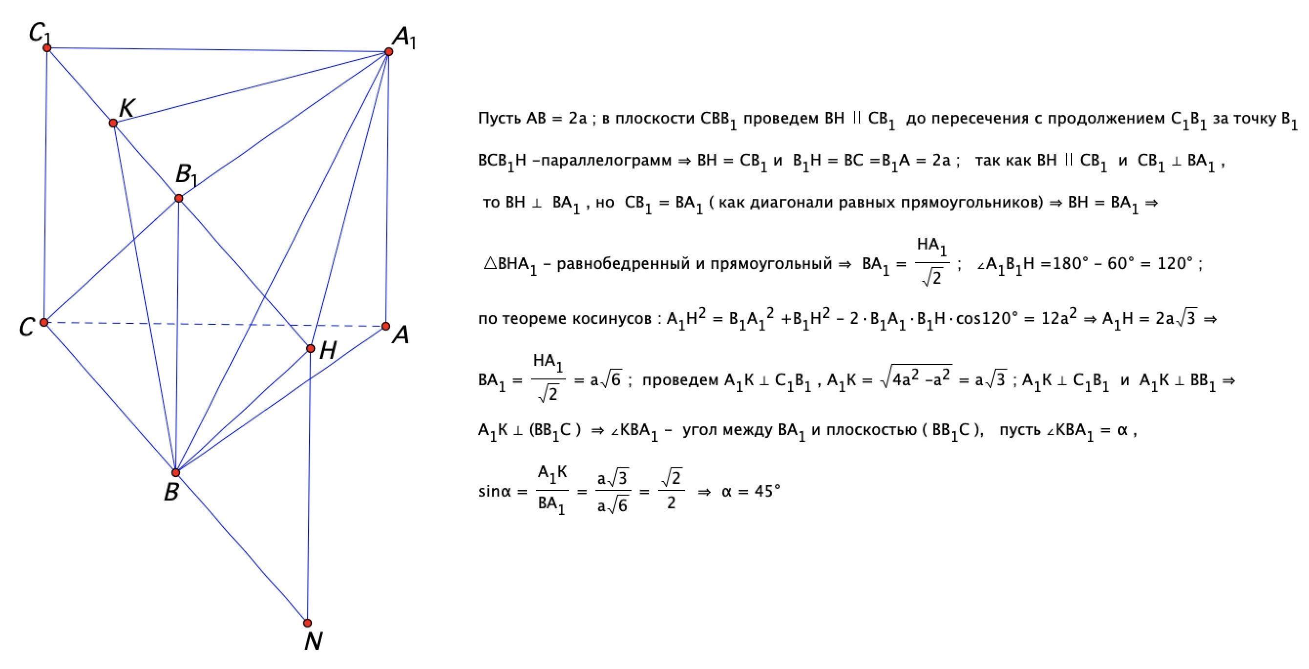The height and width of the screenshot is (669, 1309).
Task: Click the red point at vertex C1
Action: point(47,48)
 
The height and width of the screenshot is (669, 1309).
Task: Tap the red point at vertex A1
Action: point(389,51)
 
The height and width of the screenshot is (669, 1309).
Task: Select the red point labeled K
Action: point(113,123)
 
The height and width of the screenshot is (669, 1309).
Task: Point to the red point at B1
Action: point(178,198)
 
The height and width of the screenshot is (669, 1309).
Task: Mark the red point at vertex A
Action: point(386,326)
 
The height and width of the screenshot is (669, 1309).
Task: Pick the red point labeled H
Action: point(311,349)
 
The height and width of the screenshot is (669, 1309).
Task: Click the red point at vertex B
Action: point(176,472)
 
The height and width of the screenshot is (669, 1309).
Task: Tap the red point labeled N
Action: point(307,623)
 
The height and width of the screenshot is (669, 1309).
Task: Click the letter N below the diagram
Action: point(313,642)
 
